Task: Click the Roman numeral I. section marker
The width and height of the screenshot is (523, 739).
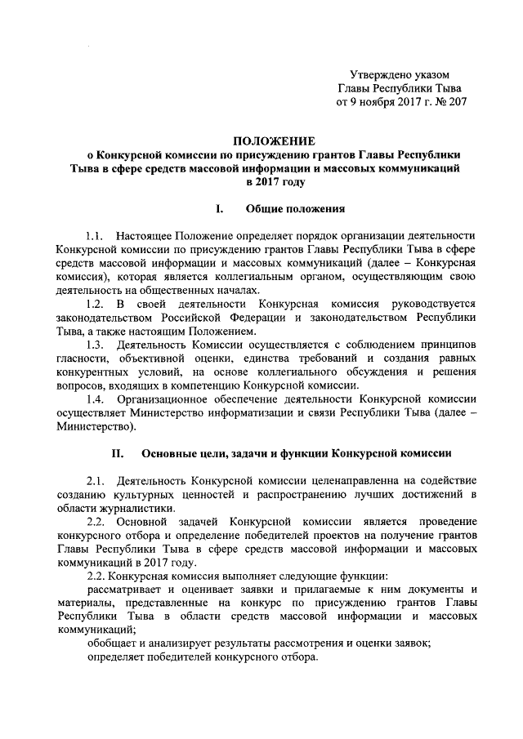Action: (x=220, y=209)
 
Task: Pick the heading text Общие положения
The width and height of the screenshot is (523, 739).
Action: (x=289, y=209)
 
